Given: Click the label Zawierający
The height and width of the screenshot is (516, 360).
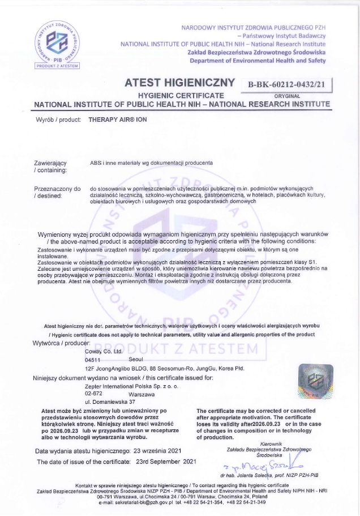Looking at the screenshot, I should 50,163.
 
